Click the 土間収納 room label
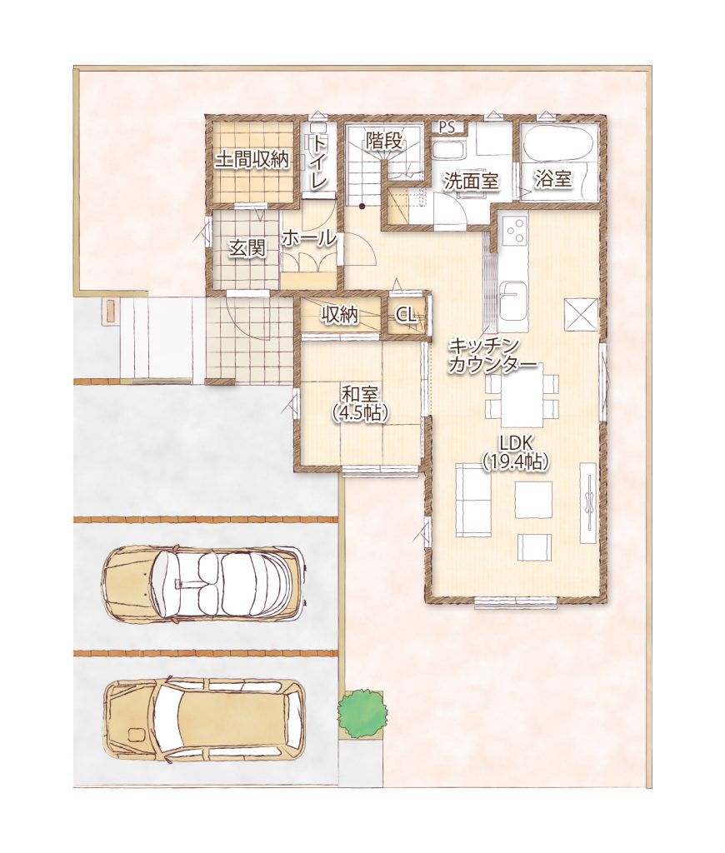tap(252, 160)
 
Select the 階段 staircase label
tap(383, 140)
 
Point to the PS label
tap(447, 127)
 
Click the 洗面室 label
tap(471, 181)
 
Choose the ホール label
tap(308, 237)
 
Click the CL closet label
tap(407, 315)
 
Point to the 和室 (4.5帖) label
tap(360, 403)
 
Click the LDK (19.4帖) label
tap(516, 451)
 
